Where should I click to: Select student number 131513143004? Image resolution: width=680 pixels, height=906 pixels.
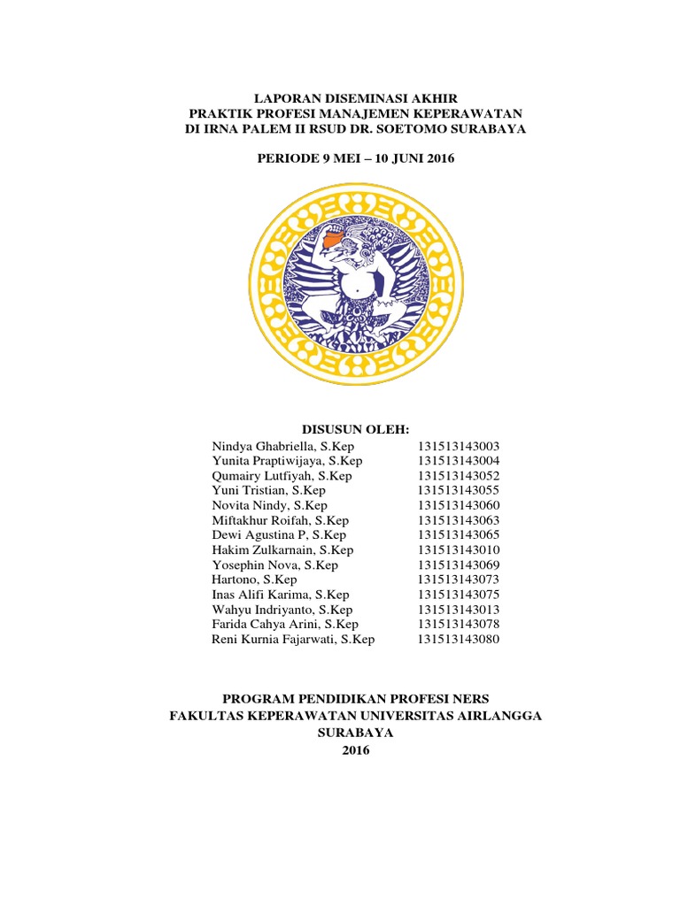coord(459,461)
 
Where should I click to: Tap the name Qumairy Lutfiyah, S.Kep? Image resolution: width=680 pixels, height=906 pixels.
coord(282,476)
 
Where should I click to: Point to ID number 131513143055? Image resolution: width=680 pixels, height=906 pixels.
coord(459,490)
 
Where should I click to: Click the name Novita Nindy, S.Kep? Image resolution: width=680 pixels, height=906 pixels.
coord(269,504)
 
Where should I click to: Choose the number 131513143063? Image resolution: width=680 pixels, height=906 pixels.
coord(459,519)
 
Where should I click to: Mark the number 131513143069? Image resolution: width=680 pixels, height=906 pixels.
coord(459,564)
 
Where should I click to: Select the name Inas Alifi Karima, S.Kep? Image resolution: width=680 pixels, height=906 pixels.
coord(281,595)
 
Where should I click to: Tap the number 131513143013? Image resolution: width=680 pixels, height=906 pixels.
coord(459,610)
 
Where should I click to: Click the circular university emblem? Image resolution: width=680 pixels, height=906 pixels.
coord(353,284)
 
